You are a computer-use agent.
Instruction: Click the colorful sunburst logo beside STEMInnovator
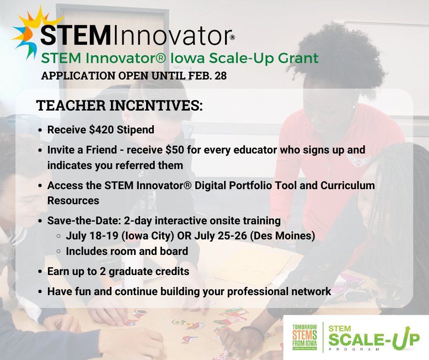point(28,32)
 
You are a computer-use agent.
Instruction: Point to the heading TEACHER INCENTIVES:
point(119,106)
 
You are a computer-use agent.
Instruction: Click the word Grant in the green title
point(295,58)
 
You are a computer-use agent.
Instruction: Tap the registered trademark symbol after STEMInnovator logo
point(232,38)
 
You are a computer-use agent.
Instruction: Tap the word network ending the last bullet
point(311,291)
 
